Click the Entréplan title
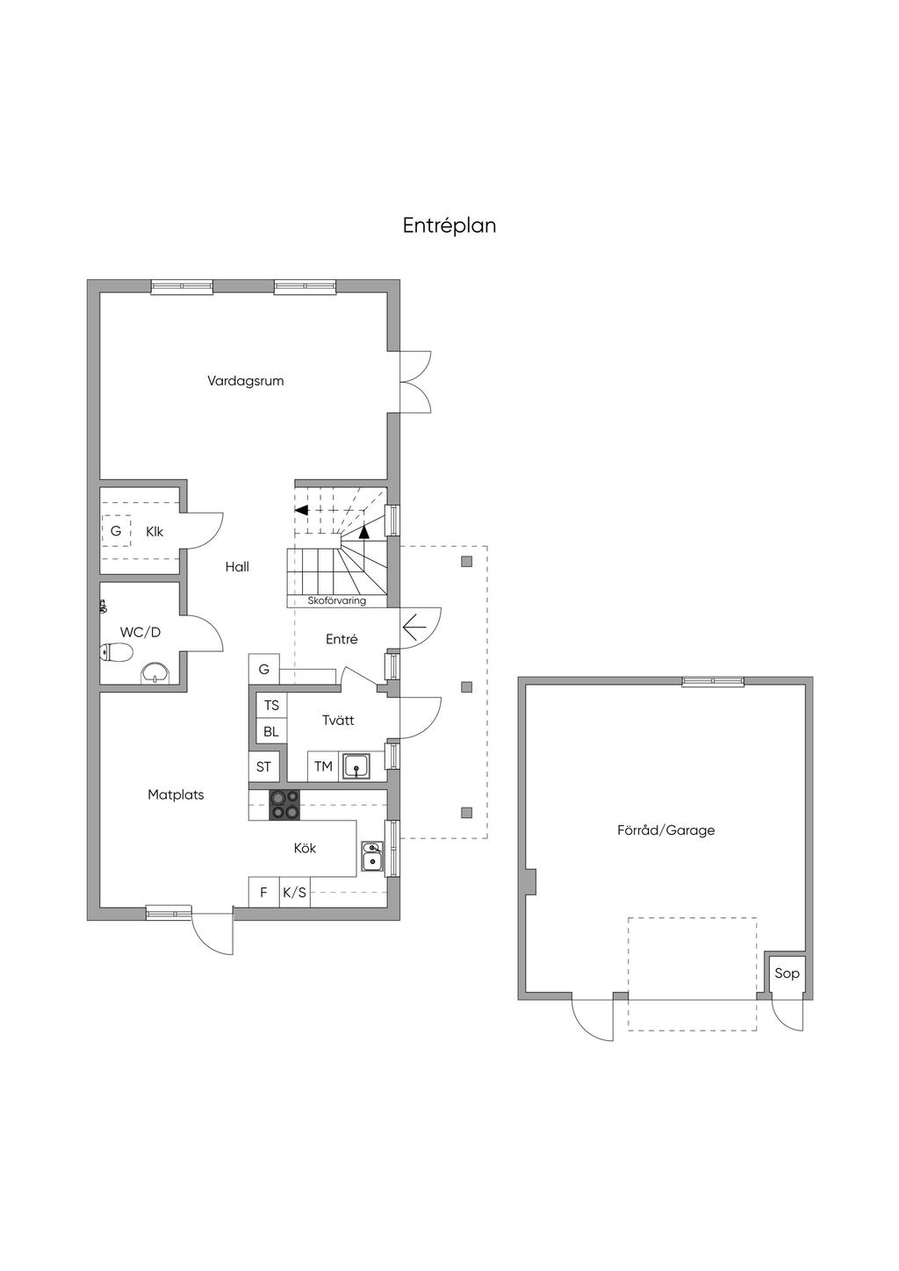point(449,226)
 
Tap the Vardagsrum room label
point(245,381)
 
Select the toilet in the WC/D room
point(116,652)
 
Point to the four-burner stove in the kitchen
point(284,805)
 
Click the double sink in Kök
point(372,856)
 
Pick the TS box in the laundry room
point(271,706)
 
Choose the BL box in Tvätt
point(271,732)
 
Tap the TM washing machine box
point(323,766)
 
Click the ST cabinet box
point(263,766)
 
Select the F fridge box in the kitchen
point(263,892)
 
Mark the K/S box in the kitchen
point(295,892)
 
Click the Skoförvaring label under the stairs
point(336,600)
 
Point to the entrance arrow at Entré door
point(414,628)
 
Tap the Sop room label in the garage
point(787,973)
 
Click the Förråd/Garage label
point(665,830)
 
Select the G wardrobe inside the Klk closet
point(116,531)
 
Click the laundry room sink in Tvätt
point(356,766)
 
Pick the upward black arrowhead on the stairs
point(364,532)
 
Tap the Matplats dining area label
point(176,795)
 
